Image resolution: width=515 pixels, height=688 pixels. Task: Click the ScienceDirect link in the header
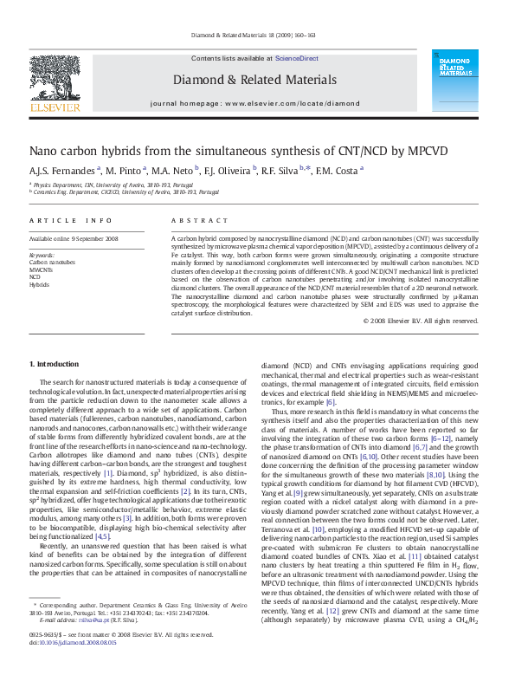[x=295, y=58]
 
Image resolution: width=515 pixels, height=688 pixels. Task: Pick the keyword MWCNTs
[x=42, y=269]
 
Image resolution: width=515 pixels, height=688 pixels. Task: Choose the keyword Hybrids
[x=39, y=283]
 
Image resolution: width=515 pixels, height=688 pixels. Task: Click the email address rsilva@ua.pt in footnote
[x=85, y=645]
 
